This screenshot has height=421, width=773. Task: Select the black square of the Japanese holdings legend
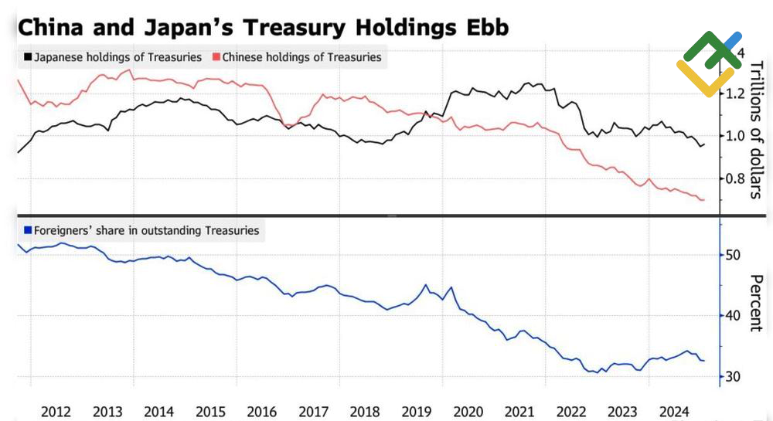click(x=29, y=57)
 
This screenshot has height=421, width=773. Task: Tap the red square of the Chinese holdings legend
click(x=216, y=57)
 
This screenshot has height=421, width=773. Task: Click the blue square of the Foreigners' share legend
click(x=29, y=230)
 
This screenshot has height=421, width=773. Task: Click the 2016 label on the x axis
click(x=261, y=410)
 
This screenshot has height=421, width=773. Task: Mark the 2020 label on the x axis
click(x=468, y=410)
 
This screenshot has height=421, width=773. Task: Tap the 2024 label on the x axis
click(x=674, y=410)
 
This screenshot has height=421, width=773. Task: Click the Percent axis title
click(x=757, y=303)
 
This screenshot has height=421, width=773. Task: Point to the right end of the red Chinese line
click(x=703, y=200)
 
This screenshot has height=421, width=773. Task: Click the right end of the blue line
click(x=703, y=361)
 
